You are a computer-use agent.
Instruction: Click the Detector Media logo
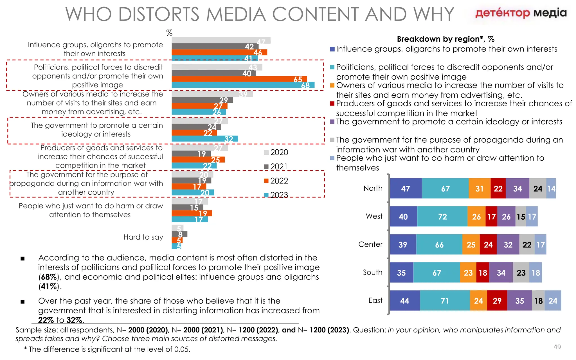[521, 13]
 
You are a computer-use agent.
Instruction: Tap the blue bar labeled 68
[243, 85]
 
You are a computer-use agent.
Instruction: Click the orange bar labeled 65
[239, 79]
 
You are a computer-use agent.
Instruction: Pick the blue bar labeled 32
[204, 139]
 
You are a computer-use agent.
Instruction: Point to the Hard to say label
[143, 237]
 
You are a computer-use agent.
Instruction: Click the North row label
[373, 188]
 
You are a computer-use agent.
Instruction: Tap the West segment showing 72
[442, 217]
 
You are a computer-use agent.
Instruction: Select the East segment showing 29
[497, 301]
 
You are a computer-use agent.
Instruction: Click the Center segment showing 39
[403, 244]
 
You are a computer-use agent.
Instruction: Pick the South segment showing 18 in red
[483, 273]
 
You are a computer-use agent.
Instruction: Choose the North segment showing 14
[551, 188]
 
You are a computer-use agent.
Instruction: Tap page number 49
[557, 347]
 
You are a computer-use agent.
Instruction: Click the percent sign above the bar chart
[169, 33]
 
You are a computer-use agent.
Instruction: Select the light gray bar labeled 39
[212, 94]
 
